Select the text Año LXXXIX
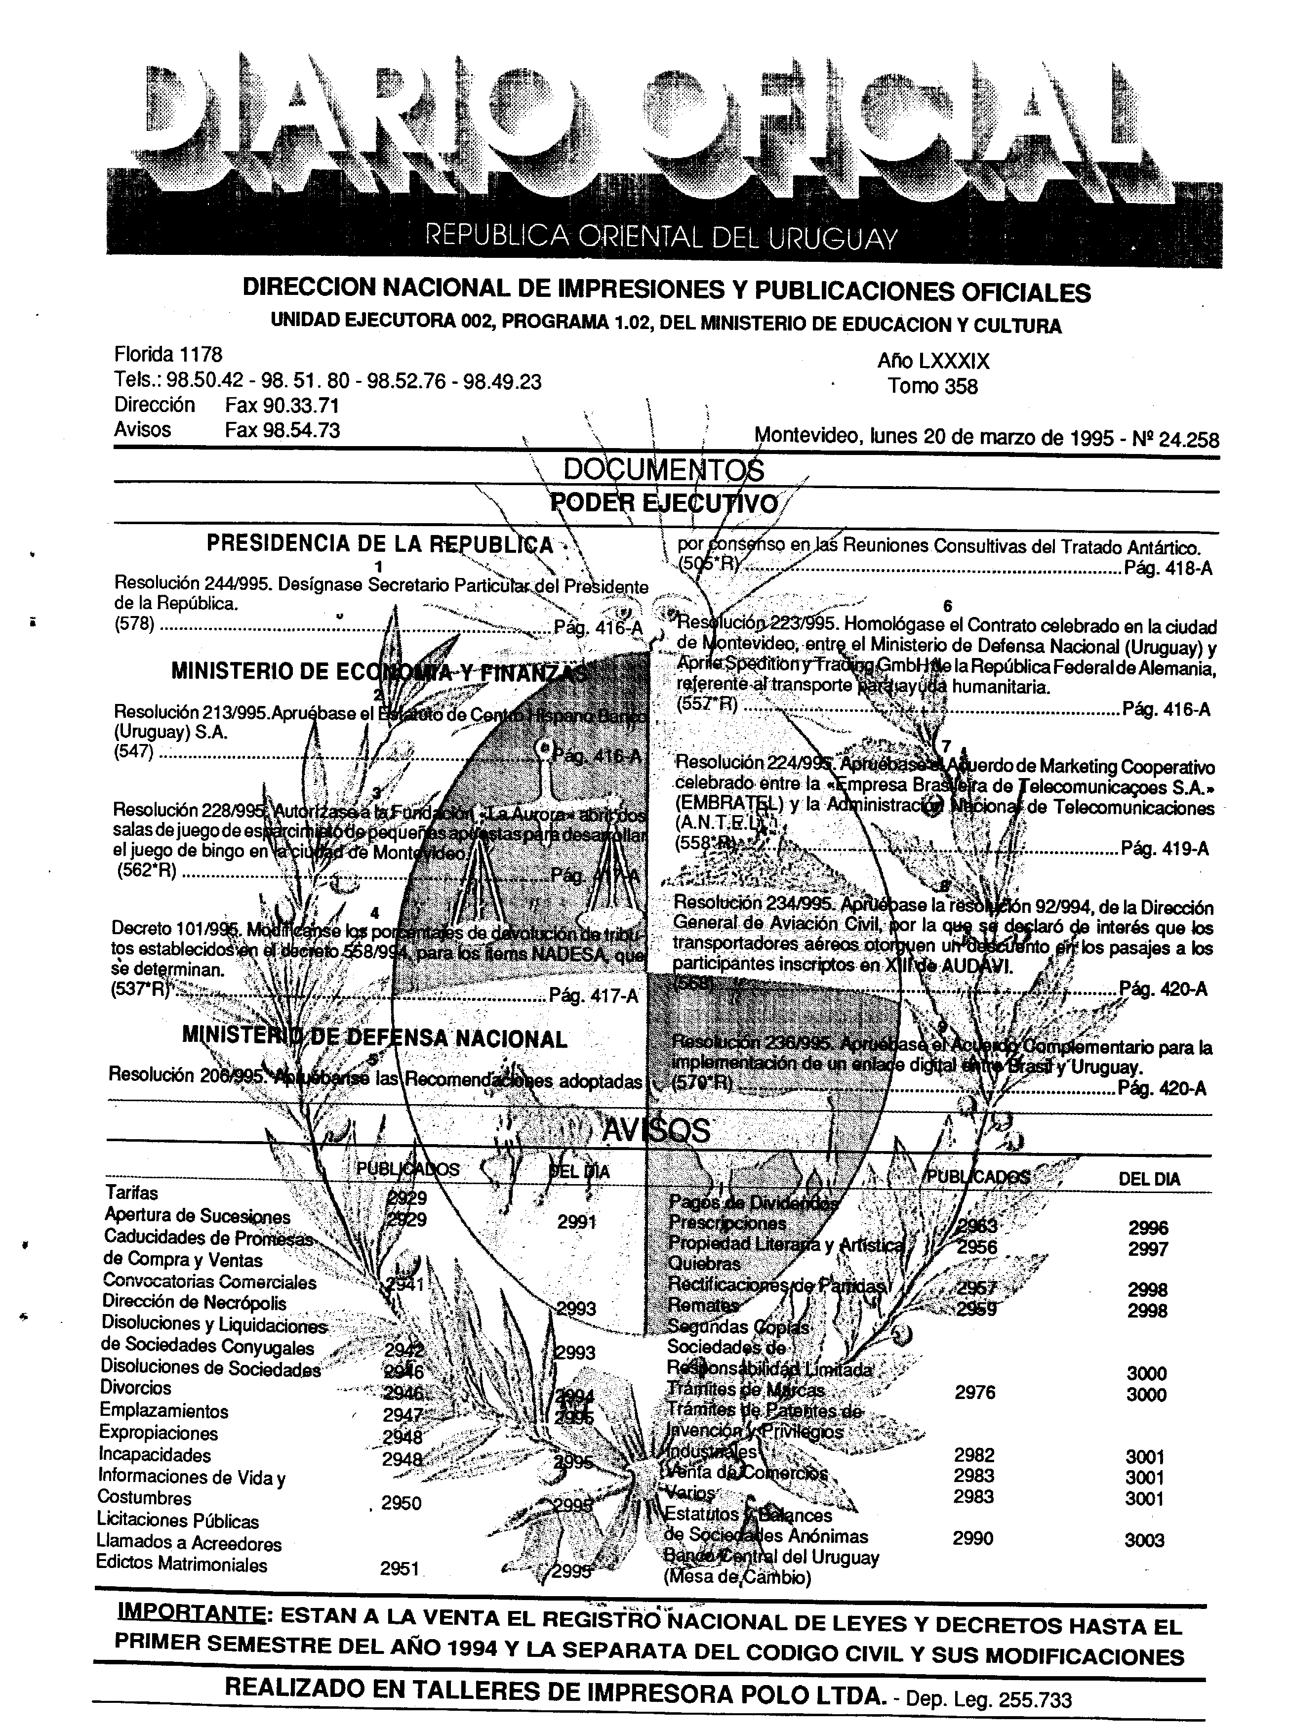pyautogui.click(x=933, y=361)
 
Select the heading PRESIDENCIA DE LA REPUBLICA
pyautogui.click(x=379, y=544)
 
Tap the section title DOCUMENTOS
pyautogui.click(x=663, y=470)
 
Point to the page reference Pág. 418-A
pyautogui.click(x=1168, y=569)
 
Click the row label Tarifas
pyautogui.click(x=131, y=1193)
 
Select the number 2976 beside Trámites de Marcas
pyautogui.click(x=974, y=1392)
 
